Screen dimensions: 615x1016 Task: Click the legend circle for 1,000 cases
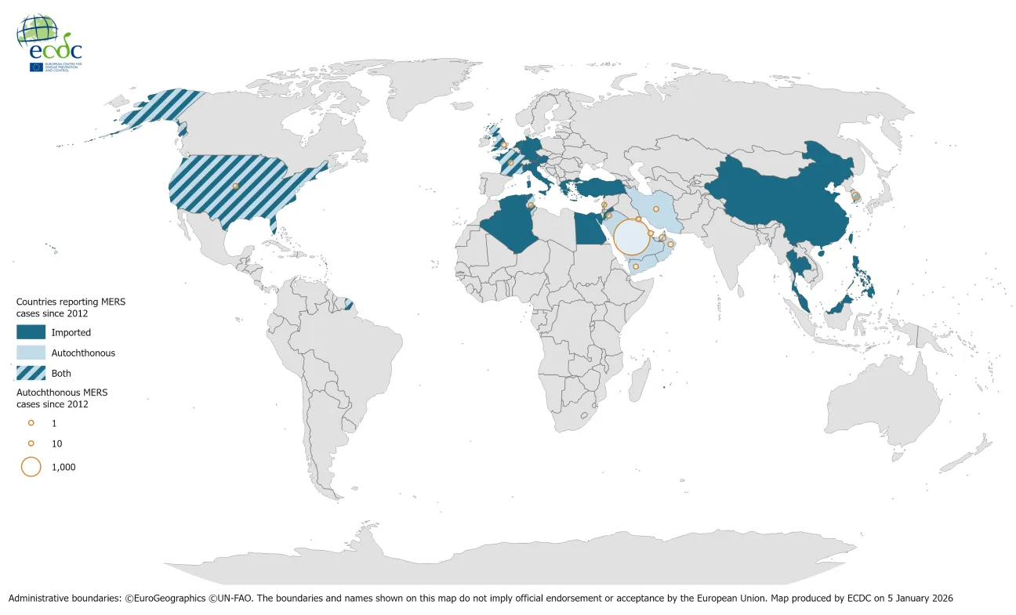[x=31, y=467]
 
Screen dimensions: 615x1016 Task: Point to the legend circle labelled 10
[x=31, y=443]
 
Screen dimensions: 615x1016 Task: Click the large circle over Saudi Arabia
[x=631, y=237]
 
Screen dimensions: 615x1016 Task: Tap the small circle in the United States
[x=235, y=186]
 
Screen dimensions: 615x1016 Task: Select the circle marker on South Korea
[x=856, y=196]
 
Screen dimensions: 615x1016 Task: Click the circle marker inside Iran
[x=655, y=208]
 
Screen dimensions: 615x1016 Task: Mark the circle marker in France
[x=510, y=163]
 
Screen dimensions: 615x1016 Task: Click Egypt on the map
[x=588, y=230]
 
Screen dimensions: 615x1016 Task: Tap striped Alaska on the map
[x=157, y=110]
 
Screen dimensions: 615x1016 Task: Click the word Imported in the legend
[x=71, y=332]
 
